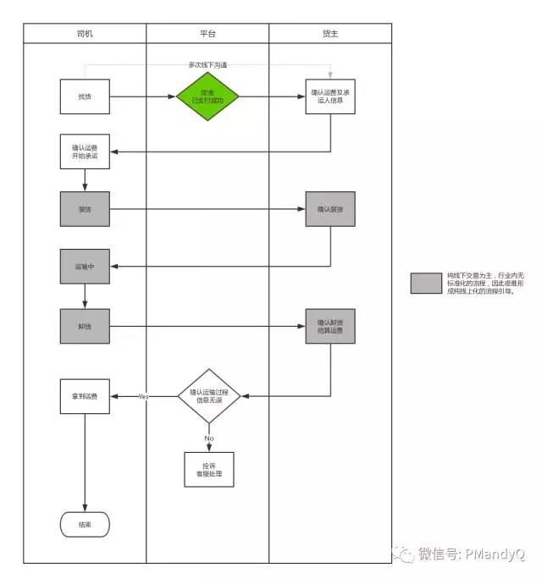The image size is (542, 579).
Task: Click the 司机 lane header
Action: point(85,33)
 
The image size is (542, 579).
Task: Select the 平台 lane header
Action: point(207,33)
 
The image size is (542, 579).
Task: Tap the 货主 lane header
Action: point(330,33)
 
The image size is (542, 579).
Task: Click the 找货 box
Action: point(85,96)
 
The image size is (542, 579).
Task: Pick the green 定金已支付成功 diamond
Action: point(207,96)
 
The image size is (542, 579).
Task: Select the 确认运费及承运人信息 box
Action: point(330,96)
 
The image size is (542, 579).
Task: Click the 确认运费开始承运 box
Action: point(85,152)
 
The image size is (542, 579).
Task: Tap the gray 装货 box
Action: point(85,208)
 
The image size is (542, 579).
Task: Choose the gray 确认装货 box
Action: point(330,208)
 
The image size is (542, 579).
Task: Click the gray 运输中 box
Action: point(85,266)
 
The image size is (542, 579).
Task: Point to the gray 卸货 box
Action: point(85,326)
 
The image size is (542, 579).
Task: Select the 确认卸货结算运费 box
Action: point(330,326)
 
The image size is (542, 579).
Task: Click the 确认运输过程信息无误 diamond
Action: point(208,395)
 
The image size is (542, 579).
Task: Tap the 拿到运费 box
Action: point(85,396)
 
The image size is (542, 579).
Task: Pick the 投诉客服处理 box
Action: point(208,469)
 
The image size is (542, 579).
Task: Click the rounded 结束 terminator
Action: point(85,524)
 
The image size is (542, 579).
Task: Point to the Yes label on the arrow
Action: point(144,396)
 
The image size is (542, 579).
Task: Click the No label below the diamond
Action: point(208,438)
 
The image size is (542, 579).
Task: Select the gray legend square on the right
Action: point(426,284)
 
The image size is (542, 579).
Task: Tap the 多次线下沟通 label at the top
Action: point(207,64)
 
